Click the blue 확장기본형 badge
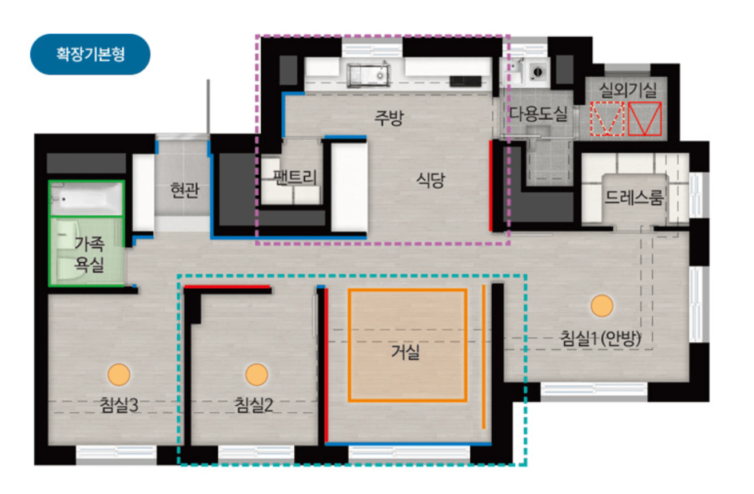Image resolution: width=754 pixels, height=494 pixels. click(90, 54)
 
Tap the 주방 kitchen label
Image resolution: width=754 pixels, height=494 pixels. click(389, 117)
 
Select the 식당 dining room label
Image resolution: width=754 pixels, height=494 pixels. click(430, 180)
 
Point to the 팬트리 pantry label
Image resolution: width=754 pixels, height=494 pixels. click(295, 177)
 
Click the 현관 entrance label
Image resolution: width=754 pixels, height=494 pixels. click(185, 190)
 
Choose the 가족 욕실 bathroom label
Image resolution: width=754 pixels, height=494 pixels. click(89, 254)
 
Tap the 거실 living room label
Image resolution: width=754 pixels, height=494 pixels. click(405, 353)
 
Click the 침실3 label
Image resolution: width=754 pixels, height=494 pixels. click(119, 405)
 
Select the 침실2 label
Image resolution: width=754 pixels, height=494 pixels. click(253, 405)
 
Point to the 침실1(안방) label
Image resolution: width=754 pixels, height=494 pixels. click(601, 338)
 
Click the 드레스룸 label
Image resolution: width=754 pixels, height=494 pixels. click(634, 197)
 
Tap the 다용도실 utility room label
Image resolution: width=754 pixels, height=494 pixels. click(538, 113)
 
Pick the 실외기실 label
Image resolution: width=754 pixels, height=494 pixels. click(628, 90)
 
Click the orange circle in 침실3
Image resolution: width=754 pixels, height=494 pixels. click(119, 374)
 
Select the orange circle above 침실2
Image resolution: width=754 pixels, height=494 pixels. click(257, 374)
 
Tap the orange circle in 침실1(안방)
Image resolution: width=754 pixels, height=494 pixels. click(602, 306)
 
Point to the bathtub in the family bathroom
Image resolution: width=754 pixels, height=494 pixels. click(86, 199)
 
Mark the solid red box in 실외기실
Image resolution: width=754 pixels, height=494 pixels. click(645, 119)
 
